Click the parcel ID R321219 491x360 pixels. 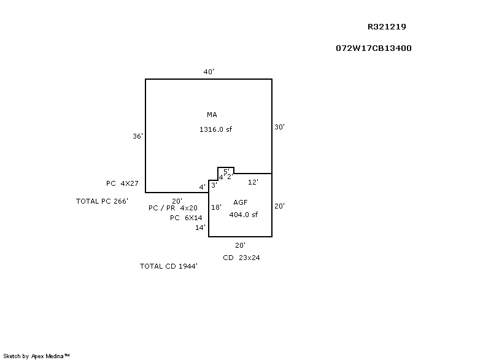pos(387,27)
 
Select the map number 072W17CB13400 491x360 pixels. pos(373,48)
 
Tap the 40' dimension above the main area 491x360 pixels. pos(209,72)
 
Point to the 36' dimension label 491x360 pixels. pos(137,136)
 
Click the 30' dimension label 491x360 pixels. pos(279,127)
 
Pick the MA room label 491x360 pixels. pos(212,115)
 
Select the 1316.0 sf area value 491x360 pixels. pos(215,129)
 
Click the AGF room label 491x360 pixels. pos(240,202)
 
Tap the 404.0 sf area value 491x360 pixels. pos(243,215)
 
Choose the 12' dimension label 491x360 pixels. pos(253,182)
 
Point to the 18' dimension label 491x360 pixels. pos(216,207)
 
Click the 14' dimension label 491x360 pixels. pos(200,228)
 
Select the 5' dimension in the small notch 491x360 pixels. pos(226,171)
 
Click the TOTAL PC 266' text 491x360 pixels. pos(102,201)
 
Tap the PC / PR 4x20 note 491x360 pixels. pos(173,209)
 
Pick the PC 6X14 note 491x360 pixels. pos(186,218)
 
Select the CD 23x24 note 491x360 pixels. pos(241,258)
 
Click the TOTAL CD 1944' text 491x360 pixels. pos(169,266)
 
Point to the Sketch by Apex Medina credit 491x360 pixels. pos(36,355)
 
